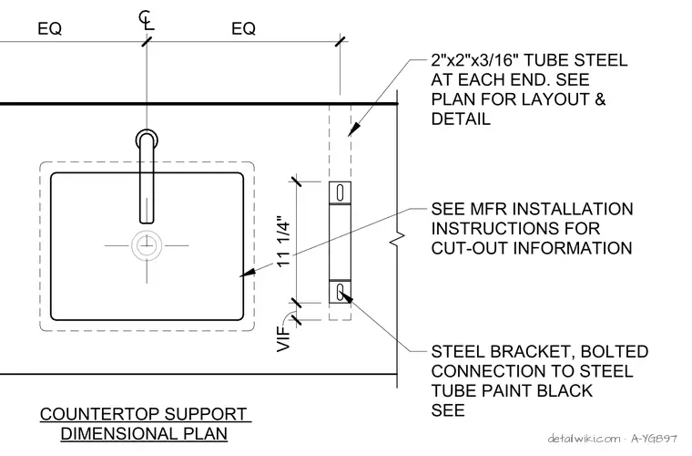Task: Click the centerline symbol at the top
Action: [146, 20]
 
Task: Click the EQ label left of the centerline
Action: [49, 28]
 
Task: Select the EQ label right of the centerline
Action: [243, 28]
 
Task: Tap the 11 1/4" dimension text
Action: [283, 241]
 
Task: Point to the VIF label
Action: [283, 339]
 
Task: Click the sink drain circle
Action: [147, 245]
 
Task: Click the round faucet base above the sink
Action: [147, 139]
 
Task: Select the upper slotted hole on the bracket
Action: [340, 193]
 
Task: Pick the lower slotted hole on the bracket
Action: [340, 292]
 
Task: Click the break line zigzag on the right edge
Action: [397, 239]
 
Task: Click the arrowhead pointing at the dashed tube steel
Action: [354, 129]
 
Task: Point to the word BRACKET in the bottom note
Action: [533, 352]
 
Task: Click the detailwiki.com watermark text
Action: [584, 439]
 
